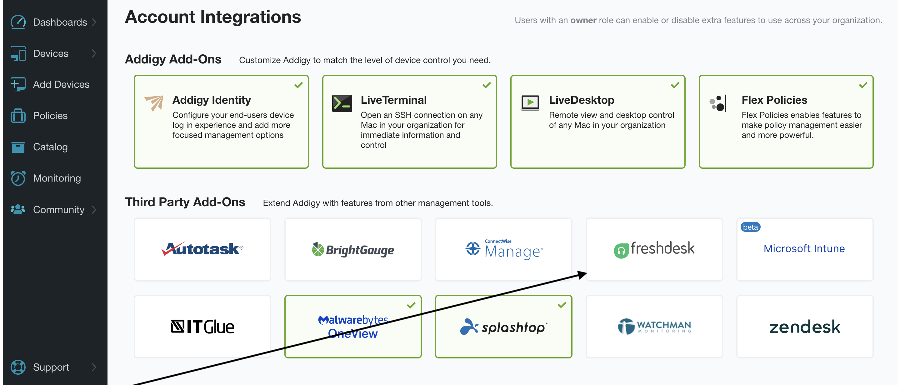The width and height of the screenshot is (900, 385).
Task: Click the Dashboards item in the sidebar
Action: [x=60, y=22]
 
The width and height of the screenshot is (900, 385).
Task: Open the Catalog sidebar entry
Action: [x=50, y=147]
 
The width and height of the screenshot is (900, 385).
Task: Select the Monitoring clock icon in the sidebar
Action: [x=18, y=178]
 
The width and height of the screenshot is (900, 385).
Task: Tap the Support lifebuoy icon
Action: [x=18, y=367]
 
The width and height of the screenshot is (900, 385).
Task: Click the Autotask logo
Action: [x=202, y=249]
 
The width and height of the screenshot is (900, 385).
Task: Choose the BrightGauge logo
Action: [x=353, y=249]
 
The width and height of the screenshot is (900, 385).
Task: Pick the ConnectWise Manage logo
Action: [x=504, y=249]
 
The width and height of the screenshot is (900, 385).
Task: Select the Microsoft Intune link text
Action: [x=804, y=248]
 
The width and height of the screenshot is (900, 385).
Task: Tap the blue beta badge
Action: [x=750, y=227]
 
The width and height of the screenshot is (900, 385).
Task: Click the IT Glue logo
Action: [x=202, y=327]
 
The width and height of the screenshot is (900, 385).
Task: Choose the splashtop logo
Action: [x=503, y=327]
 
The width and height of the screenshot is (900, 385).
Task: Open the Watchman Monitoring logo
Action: [x=654, y=327]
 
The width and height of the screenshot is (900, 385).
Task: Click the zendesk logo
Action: [x=805, y=327]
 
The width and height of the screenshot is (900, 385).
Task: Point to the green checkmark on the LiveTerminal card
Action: [x=486, y=85]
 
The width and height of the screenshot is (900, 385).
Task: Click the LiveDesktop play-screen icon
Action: [x=530, y=103]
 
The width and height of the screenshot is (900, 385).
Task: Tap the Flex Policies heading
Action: [x=774, y=100]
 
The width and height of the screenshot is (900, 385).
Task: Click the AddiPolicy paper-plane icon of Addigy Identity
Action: [x=154, y=103]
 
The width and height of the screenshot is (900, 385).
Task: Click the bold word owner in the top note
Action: [x=583, y=20]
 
